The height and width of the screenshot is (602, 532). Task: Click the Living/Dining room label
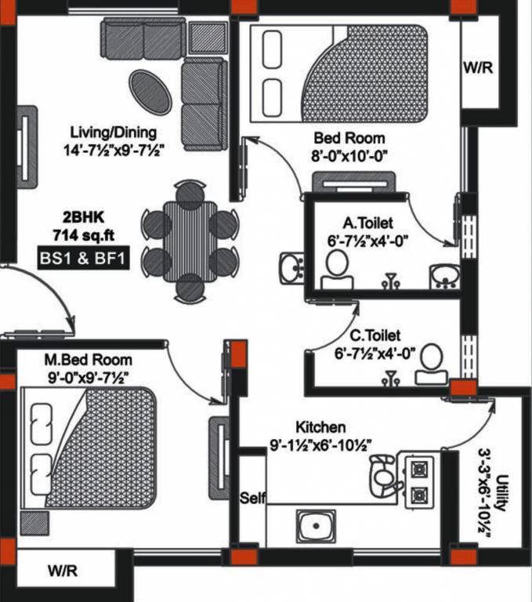tap(113, 132)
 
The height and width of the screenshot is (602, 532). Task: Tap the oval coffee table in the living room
tap(150, 92)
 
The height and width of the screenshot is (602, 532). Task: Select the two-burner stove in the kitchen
tap(419, 481)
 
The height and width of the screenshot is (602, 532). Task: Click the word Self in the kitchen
tap(252, 498)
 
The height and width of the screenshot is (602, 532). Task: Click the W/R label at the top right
tap(478, 68)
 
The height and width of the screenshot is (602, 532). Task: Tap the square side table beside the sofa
tap(208, 37)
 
